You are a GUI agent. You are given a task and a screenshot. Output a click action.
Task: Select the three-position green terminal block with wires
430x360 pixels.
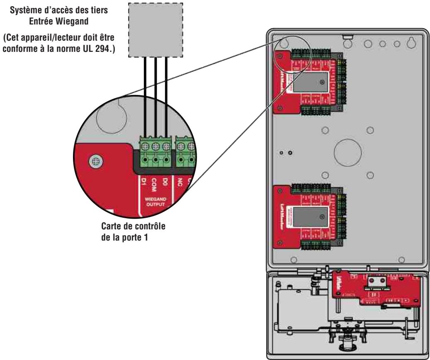(155, 152)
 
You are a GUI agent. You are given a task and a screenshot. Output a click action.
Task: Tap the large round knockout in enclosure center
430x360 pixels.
(347, 152)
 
